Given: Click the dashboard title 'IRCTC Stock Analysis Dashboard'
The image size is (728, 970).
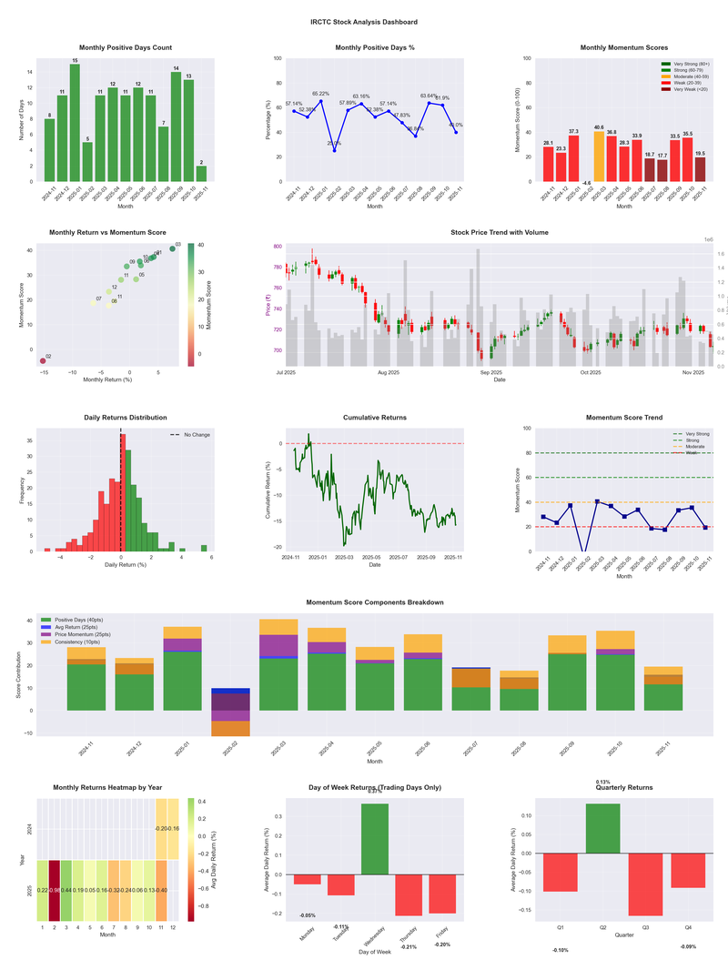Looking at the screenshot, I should coord(364,22).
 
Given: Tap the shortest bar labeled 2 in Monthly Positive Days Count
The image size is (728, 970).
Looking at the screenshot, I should coord(201,173).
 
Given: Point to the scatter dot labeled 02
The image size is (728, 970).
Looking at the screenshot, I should coord(43,361).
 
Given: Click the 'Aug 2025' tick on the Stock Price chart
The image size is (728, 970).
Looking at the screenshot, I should coord(389,372).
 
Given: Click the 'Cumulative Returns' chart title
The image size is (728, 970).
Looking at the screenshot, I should coord(375,418).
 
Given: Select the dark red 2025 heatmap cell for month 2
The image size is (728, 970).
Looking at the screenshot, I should coord(55,891).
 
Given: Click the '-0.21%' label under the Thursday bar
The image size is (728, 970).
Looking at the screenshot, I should coord(409,946).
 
